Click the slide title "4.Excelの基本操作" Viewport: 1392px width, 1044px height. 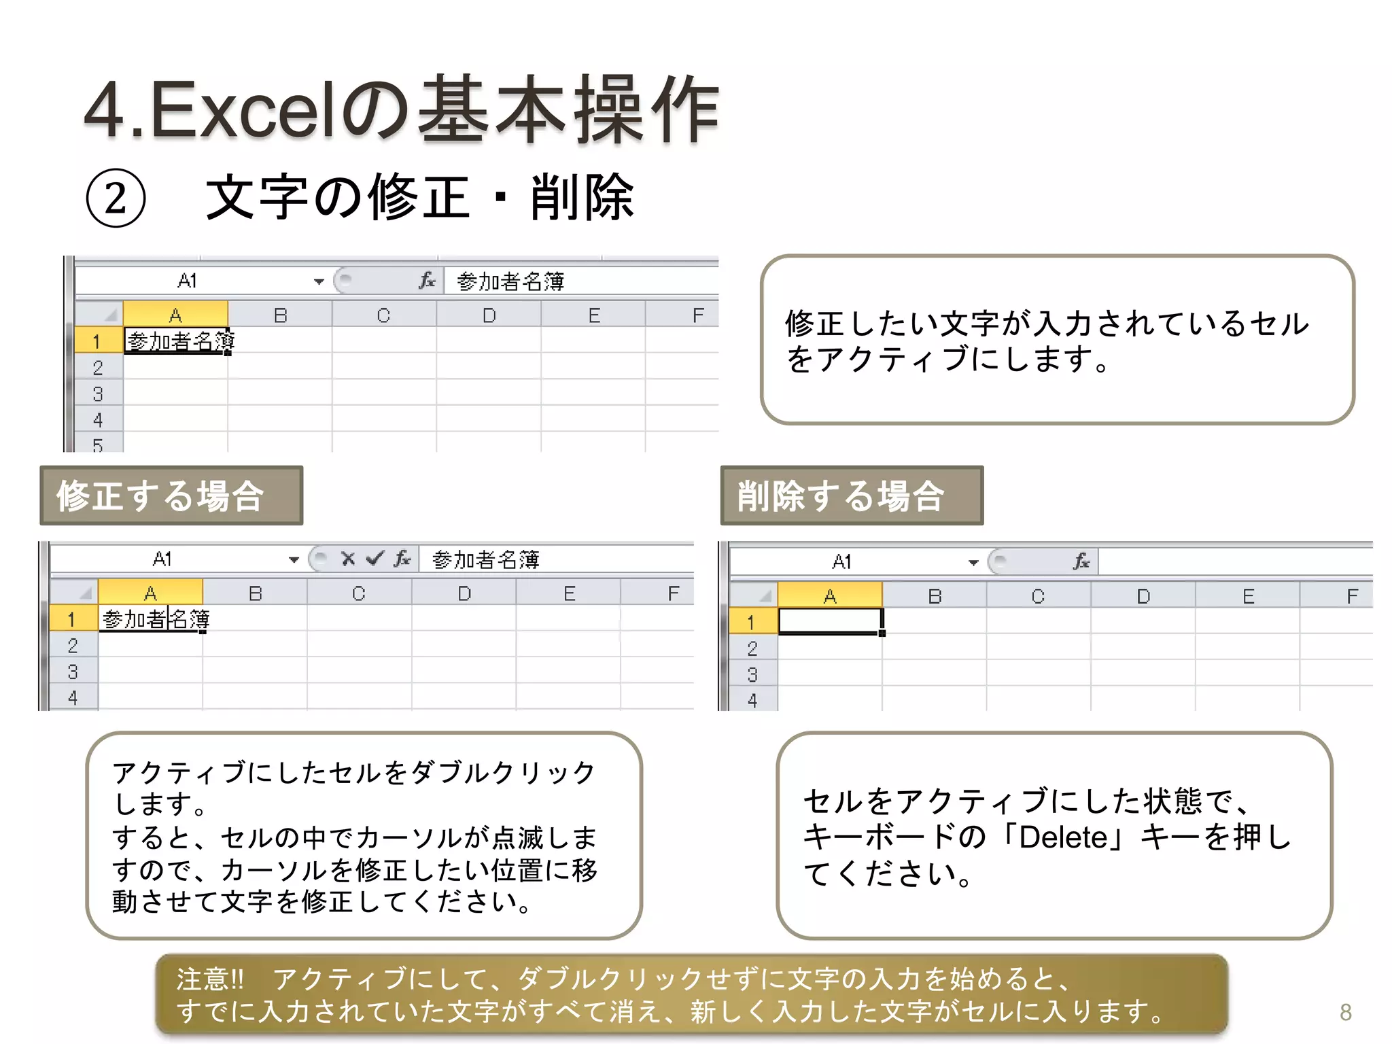coord(401,110)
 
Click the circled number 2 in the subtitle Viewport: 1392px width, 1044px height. coord(116,198)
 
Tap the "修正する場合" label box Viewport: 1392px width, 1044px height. coord(171,495)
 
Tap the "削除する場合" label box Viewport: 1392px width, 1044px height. coord(851,495)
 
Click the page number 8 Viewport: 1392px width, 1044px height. coord(1345,1012)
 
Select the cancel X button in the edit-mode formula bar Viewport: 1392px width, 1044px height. coord(348,559)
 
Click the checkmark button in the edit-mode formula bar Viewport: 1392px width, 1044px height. coord(375,559)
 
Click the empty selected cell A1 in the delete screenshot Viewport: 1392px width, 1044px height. coord(829,621)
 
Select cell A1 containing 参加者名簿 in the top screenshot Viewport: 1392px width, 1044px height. coord(176,341)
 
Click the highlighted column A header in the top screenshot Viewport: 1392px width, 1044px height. coord(175,315)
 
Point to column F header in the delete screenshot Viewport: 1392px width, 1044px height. coord(1352,596)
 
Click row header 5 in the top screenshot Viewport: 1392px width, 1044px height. coord(98,445)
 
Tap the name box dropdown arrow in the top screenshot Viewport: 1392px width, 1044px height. coord(319,281)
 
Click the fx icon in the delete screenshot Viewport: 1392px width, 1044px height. coord(1081,561)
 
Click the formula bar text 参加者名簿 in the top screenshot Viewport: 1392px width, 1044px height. coord(510,281)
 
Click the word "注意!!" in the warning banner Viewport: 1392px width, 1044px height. coord(210,979)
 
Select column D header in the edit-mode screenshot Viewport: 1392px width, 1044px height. coord(464,593)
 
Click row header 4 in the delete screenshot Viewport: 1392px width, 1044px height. coord(752,700)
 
